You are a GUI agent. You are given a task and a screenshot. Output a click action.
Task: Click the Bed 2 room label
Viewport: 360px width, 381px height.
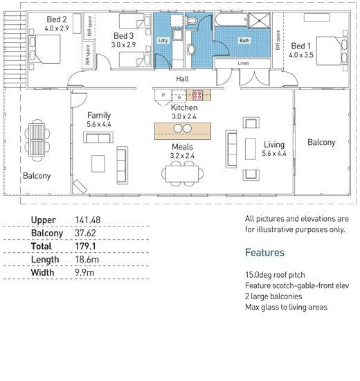pos(57,19)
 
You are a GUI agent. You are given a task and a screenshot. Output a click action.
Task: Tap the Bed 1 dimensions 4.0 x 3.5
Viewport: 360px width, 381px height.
pos(301,55)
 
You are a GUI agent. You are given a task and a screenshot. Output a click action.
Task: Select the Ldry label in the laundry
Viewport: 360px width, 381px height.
pos(163,40)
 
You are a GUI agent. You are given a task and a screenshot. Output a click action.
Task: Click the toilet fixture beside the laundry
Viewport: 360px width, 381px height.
pos(191,21)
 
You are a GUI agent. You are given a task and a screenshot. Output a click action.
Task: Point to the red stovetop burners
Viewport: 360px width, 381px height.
pos(197,95)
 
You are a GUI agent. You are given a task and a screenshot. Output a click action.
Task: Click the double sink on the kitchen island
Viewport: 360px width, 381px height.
pos(183,128)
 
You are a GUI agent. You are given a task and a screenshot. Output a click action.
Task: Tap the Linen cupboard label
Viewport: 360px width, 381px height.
pos(244,63)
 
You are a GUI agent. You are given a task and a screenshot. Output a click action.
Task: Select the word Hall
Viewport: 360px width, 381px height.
pos(182,79)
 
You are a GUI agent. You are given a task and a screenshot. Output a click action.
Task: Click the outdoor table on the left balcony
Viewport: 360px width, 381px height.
pos(37,140)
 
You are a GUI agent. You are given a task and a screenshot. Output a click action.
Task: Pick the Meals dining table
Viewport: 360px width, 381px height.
pos(182,174)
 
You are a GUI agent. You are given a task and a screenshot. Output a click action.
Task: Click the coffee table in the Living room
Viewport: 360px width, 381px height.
pos(250,149)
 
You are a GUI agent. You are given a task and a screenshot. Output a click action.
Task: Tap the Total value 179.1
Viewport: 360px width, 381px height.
pos(85,247)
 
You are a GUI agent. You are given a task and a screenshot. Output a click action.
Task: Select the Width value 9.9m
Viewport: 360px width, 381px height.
pos(84,273)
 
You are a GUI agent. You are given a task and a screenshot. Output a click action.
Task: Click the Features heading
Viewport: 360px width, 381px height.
pos(264,252)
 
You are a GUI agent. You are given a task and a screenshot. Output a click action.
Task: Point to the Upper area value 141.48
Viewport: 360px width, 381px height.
pos(88,220)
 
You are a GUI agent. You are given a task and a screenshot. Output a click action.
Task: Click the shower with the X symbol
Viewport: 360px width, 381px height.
pos(259,20)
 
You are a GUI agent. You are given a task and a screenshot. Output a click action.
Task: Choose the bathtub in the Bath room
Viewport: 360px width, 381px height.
pos(231,19)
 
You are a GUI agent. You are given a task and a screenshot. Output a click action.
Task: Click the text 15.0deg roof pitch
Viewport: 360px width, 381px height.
pos(275,275)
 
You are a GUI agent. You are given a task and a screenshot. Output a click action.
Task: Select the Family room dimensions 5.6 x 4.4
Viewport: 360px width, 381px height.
pos(99,124)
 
